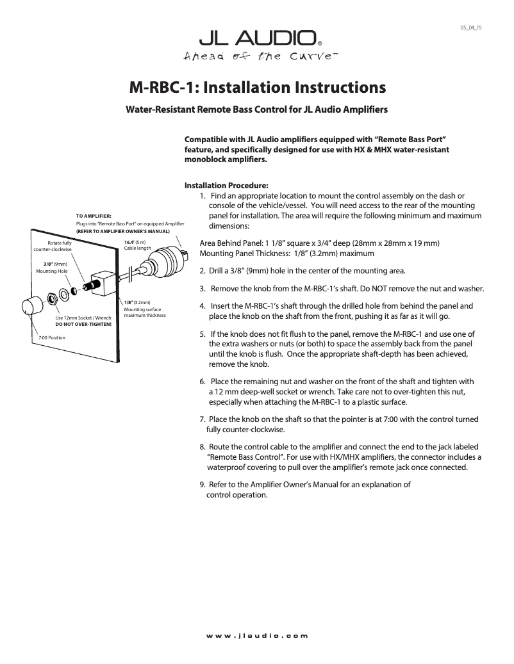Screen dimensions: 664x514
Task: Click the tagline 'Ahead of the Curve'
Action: [256, 56]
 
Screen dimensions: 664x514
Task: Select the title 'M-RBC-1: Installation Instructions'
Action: [257, 86]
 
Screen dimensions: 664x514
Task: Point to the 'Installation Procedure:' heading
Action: [226, 186]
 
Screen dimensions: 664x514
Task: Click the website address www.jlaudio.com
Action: [257, 636]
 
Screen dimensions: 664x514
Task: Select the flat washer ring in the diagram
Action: [64, 295]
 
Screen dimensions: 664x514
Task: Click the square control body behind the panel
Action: [103, 281]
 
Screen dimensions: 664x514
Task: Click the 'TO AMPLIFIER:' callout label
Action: [94, 216]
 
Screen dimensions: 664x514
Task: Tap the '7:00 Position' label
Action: [52, 337]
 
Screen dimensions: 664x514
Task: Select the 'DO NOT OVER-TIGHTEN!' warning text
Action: [84, 324]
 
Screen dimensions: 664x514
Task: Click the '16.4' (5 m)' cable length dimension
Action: [135, 242]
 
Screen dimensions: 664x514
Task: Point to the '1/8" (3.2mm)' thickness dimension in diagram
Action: [137, 302]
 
